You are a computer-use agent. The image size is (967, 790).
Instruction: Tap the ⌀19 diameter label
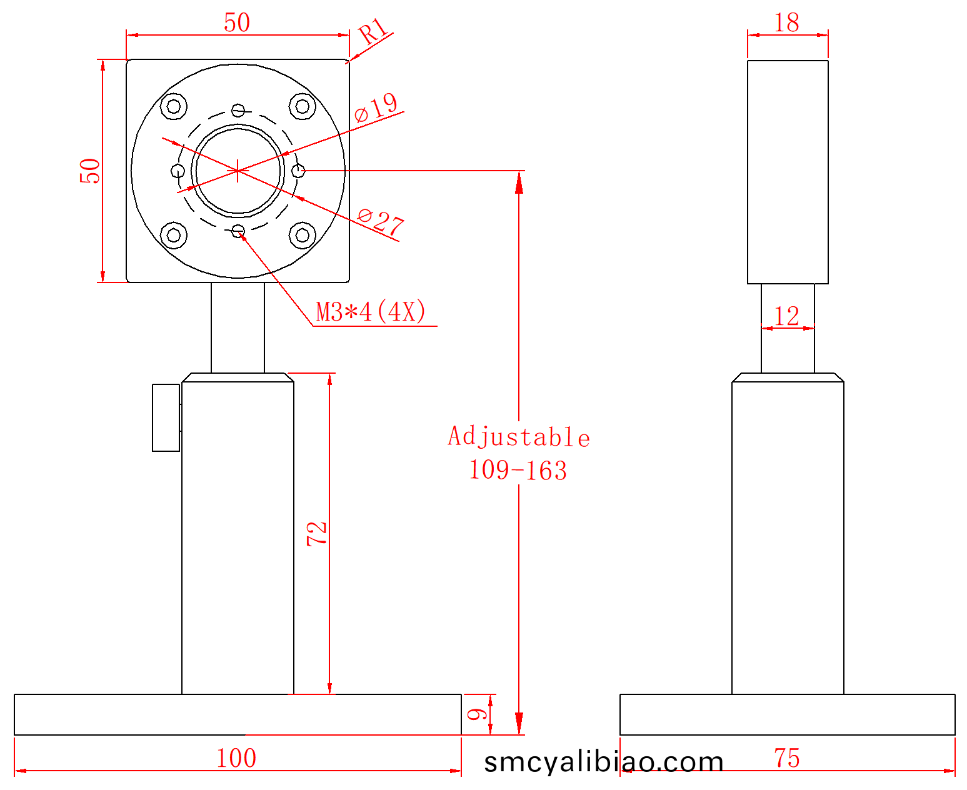click(376, 107)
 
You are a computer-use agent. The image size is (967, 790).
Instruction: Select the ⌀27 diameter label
click(381, 222)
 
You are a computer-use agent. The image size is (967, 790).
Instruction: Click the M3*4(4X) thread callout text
click(371, 312)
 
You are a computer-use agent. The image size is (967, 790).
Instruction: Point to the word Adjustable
click(519, 437)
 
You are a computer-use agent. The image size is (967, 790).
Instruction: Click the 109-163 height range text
click(518, 471)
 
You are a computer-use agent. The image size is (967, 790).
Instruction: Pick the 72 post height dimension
click(317, 534)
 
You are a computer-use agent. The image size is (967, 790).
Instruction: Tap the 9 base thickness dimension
click(477, 714)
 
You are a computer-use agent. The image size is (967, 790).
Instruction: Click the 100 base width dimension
click(236, 758)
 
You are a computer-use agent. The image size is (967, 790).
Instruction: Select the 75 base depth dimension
click(787, 758)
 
